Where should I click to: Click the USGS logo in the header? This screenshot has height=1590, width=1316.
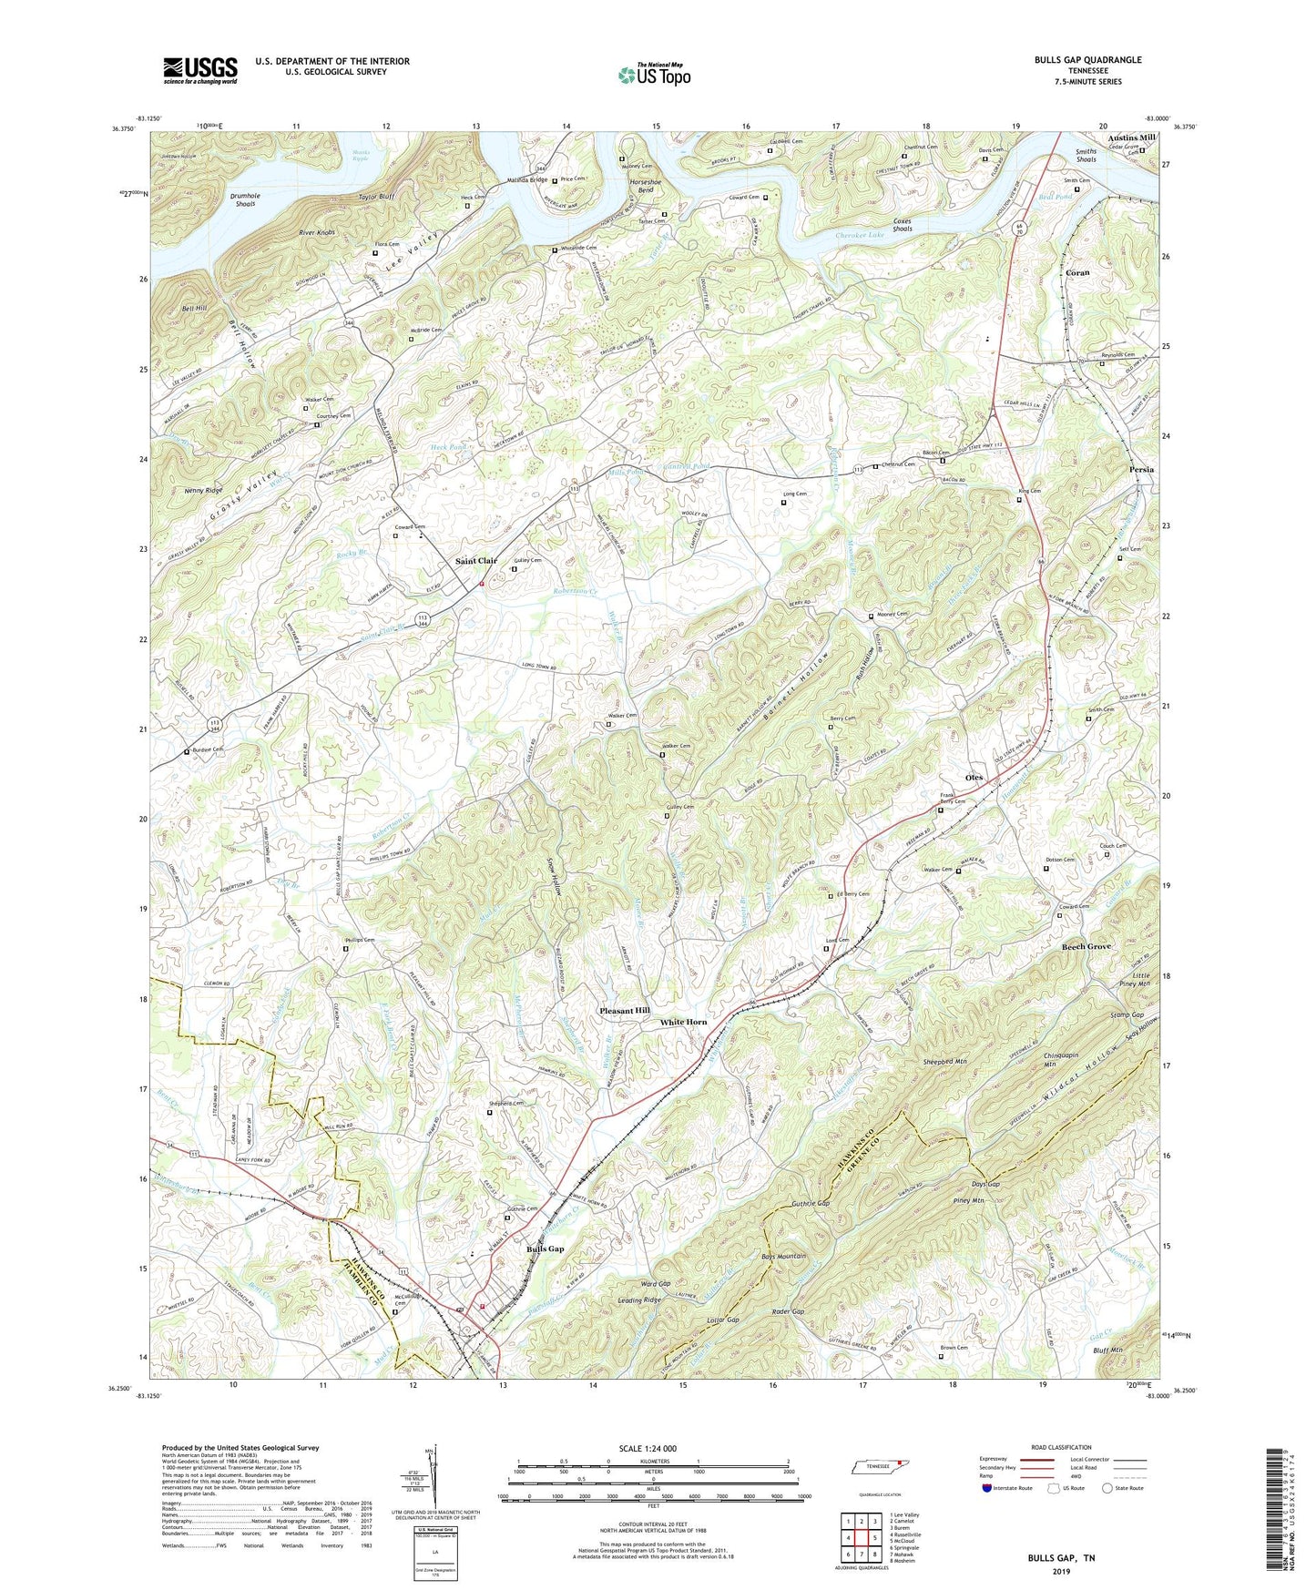[x=200, y=70]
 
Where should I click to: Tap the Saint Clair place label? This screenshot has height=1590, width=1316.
[x=476, y=560]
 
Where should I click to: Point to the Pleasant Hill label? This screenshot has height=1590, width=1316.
[x=625, y=1012]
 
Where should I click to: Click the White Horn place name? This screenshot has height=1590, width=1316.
[x=683, y=1022]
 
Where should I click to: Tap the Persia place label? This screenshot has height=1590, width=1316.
[x=1141, y=470]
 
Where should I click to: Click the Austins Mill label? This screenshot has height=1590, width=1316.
[x=1132, y=138]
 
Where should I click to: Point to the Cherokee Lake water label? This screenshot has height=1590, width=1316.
[x=860, y=235]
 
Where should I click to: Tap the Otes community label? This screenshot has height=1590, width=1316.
[x=974, y=778]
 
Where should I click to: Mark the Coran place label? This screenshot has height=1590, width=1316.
[x=1078, y=272]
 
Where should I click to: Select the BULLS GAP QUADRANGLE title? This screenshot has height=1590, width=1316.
[x=1087, y=60]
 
